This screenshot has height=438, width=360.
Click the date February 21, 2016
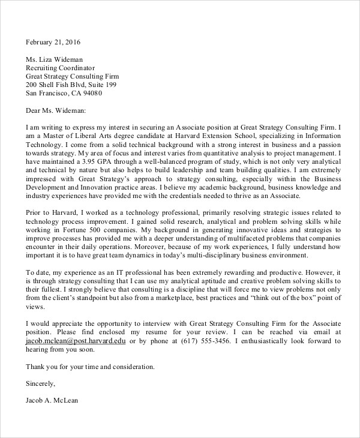tap(53, 43)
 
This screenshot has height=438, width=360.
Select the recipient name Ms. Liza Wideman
tap(54, 59)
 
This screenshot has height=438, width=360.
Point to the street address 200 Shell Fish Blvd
tap(63, 85)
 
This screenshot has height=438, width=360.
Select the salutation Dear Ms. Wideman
tap(56, 110)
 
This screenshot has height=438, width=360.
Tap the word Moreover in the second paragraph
tap(182, 247)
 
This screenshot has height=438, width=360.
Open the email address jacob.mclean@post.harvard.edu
tap(76, 340)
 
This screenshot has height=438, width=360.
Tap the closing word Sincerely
tap(40, 382)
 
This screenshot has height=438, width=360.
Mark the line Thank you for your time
tap(66, 365)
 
